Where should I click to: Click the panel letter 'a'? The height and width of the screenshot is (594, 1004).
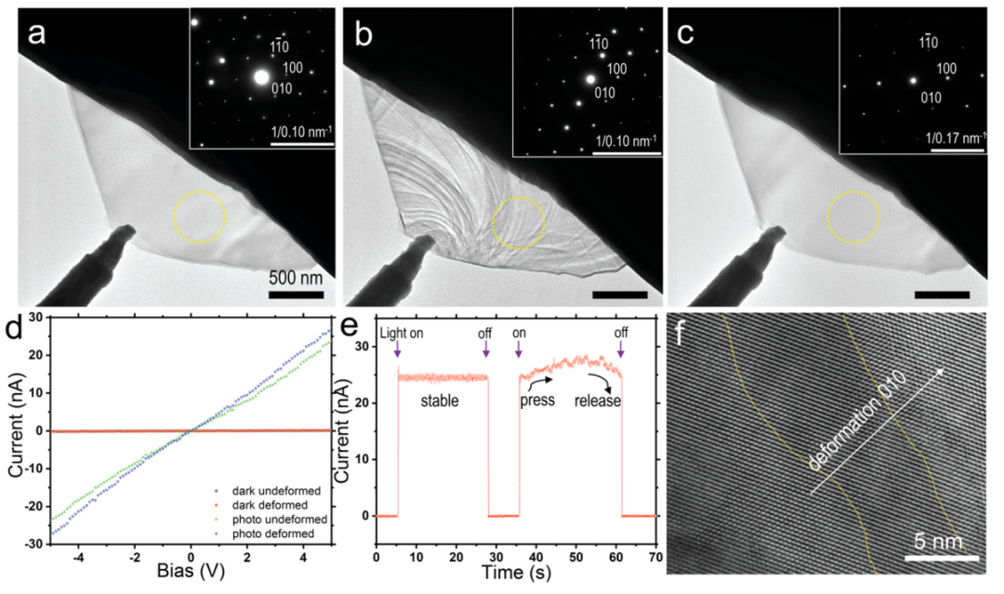pyautogui.click(x=37, y=35)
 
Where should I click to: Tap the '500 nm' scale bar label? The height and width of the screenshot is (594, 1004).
pyautogui.click(x=297, y=277)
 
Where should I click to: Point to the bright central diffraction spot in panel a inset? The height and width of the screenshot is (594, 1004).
pyautogui.click(x=261, y=77)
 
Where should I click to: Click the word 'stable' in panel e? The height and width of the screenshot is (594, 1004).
pyautogui.click(x=440, y=402)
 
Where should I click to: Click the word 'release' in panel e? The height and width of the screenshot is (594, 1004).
pyautogui.click(x=598, y=403)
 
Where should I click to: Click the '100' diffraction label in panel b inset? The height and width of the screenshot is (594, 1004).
pyautogui.click(x=616, y=69)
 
